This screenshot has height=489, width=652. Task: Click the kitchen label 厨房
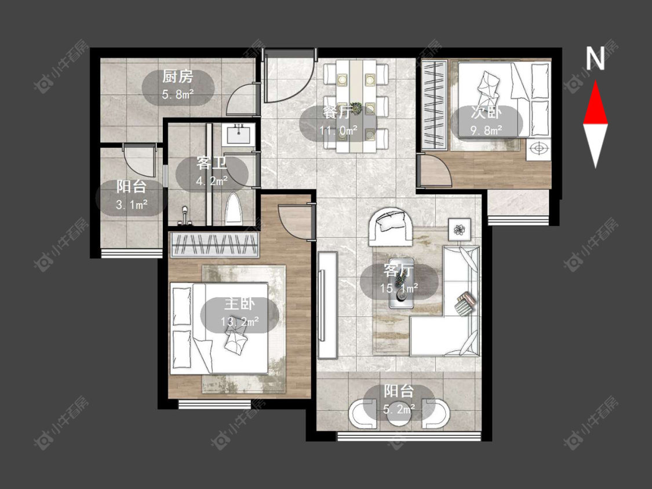tap(177, 76)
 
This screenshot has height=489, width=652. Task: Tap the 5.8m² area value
tap(178, 94)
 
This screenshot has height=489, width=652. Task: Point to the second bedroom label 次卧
tap(486, 112)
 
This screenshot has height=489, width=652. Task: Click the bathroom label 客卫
tap(212, 163)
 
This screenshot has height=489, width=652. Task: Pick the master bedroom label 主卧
tap(239, 304)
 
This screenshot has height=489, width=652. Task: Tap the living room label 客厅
tap(399, 271)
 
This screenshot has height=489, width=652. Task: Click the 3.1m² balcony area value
tap(132, 204)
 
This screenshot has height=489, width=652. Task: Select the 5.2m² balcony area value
tap(399, 410)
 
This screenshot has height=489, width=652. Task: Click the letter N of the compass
tap(595, 58)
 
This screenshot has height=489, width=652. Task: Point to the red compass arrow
tap(595, 103)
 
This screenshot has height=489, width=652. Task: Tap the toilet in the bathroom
tap(234, 209)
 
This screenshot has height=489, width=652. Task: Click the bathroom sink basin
tap(238, 135)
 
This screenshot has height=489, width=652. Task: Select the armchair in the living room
tap(391, 227)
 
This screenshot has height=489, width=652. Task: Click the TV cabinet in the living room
tap(327, 305)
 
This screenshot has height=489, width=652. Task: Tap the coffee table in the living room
tap(401, 294)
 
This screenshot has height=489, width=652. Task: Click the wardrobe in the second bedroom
tap(435, 105)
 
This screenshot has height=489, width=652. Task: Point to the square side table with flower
tap(460, 229)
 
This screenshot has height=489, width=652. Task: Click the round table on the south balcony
tap(399, 417)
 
